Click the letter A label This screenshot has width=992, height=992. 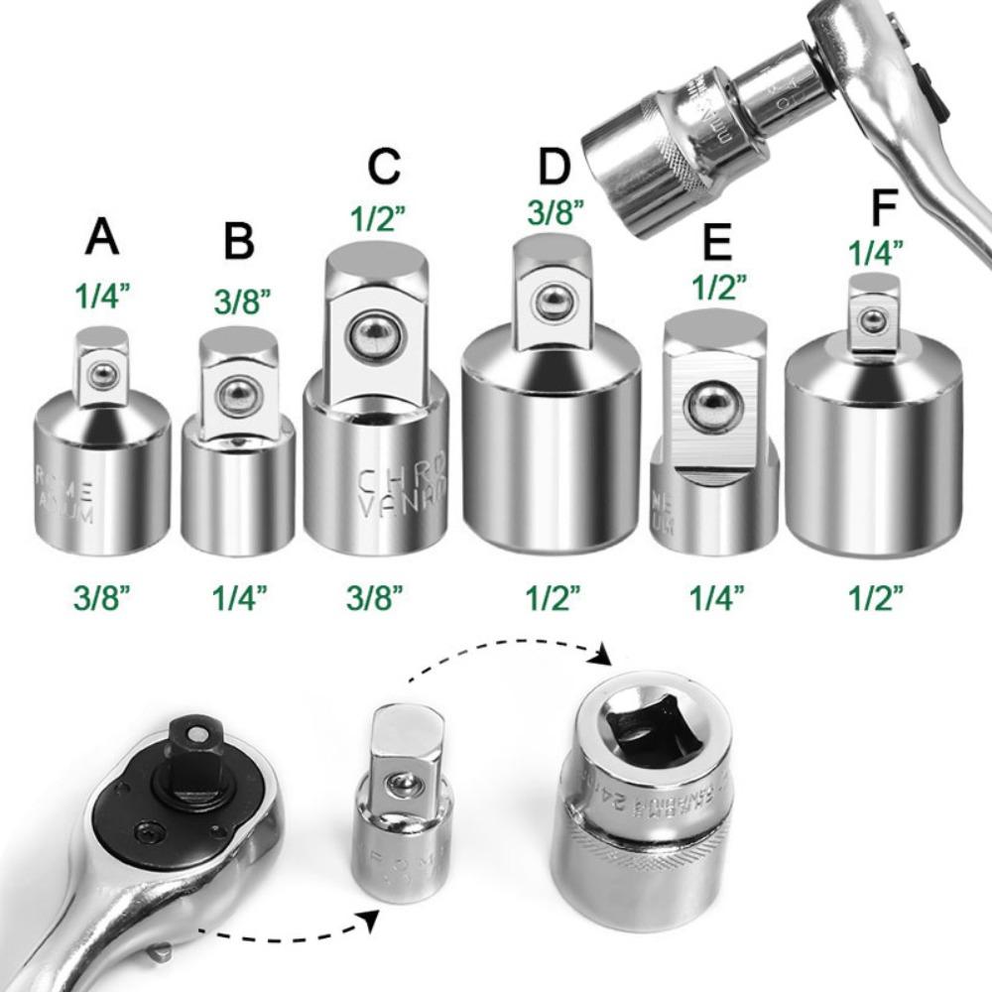pos(102,238)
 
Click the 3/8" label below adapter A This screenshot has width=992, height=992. pos(102,598)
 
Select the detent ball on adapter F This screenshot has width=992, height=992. pos(873,319)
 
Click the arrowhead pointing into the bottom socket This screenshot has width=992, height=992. pos(601,656)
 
